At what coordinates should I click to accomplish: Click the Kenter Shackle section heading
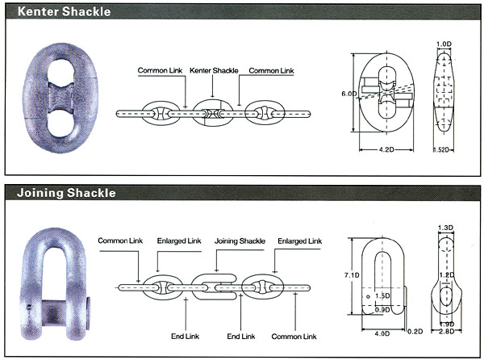tap(64, 12)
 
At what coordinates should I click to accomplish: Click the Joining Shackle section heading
tap(66, 193)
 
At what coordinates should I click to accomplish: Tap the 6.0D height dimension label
tap(348, 94)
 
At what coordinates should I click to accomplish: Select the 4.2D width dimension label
tap(386, 150)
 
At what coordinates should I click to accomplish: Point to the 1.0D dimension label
tap(444, 44)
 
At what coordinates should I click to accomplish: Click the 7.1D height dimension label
tap(352, 274)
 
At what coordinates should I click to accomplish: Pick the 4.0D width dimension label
tap(382, 333)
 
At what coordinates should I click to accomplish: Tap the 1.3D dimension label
tap(445, 228)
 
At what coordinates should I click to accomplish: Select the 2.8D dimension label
tap(447, 332)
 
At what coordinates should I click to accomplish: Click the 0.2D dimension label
tap(415, 332)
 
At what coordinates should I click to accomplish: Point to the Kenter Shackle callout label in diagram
tap(214, 70)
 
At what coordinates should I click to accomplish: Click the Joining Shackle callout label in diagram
tap(240, 241)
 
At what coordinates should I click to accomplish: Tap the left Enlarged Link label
tap(179, 241)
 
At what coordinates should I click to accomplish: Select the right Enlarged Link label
tap(300, 241)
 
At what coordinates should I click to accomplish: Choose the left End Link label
tap(186, 337)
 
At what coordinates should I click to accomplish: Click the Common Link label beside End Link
tap(294, 337)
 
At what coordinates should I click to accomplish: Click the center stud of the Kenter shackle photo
tap(60, 98)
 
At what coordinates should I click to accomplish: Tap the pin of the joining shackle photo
tap(54, 312)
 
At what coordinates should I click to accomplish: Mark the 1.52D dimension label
tap(443, 150)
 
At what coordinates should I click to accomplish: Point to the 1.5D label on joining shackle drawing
tap(382, 295)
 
